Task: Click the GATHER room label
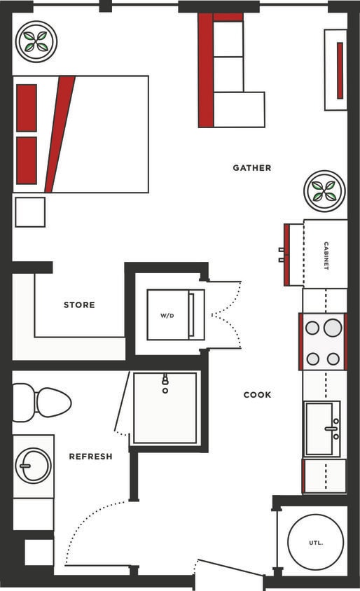(x=251, y=168)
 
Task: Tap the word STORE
(x=79, y=305)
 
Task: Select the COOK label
(x=257, y=395)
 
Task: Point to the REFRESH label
(x=90, y=457)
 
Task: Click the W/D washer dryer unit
(x=168, y=315)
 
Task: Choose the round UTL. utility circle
(x=315, y=543)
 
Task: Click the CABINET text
(x=326, y=256)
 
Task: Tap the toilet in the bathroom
(x=44, y=403)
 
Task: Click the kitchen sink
(x=323, y=429)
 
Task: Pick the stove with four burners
(x=324, y=342)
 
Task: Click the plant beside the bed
(x=36, y=41)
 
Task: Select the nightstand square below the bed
(x=30, y=211)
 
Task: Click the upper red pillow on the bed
(x=27, y=108)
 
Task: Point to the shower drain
(x=165, y=390)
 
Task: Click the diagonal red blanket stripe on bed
(x=59, y=133)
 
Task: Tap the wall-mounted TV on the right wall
(x=339, y=70)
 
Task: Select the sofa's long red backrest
(x=205, y=70)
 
